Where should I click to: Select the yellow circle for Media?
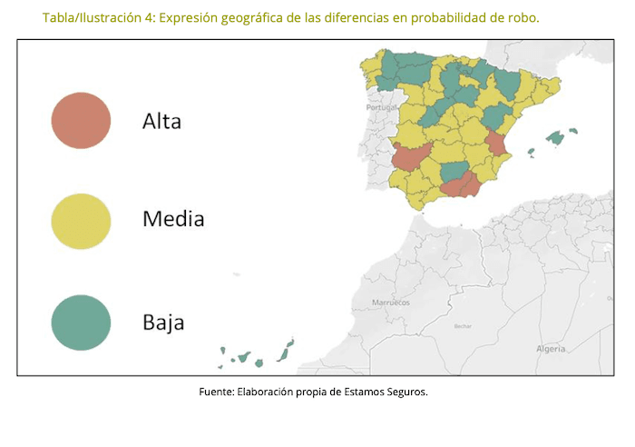pyautogui.click(x=81, y=221)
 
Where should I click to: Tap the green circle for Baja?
pyautogui.click(x=81, y=322)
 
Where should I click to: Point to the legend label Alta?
pyautogui.click(x=161, y=122)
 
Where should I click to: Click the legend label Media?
pyautogui.click(x=173, y=219)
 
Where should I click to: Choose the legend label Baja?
pyautogui.click(x=163, y=322)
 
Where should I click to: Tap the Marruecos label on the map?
pyautogui.click(x=391, y=302)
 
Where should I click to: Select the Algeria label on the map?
pyautogui.click(x=550, y=348)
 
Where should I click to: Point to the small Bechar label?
pyautogui.click(x=463, y=325)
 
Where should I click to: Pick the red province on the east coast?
pyautogui.click(x=496, y=145)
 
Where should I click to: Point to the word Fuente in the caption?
pyautogui.click(x=216, y=392)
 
